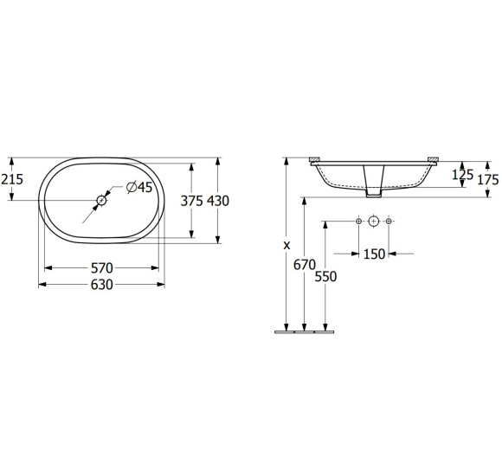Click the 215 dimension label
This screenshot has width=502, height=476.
(12, 179)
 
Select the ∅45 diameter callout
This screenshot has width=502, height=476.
(138, 188)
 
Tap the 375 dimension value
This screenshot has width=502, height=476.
(192, 200)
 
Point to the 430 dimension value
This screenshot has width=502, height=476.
(218, 200)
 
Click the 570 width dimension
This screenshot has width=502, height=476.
(101, 269)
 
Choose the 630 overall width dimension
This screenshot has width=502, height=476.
(101, 284)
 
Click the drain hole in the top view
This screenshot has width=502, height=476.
(102, 200)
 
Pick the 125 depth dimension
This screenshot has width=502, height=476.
(463, 175)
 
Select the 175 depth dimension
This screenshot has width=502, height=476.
(489, 179)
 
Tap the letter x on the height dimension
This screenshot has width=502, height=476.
(286, 245)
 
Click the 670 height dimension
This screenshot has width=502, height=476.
(303, 265)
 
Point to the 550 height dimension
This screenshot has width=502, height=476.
(325, 276)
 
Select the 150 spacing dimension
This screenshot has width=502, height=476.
(374, 254)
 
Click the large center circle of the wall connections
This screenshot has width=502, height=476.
(374, 222)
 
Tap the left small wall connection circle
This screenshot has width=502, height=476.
(359, 222)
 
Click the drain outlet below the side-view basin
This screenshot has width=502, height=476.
(374, 182)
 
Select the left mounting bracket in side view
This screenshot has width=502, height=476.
(316, 159)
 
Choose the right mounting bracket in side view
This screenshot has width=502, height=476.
(433, 159)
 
